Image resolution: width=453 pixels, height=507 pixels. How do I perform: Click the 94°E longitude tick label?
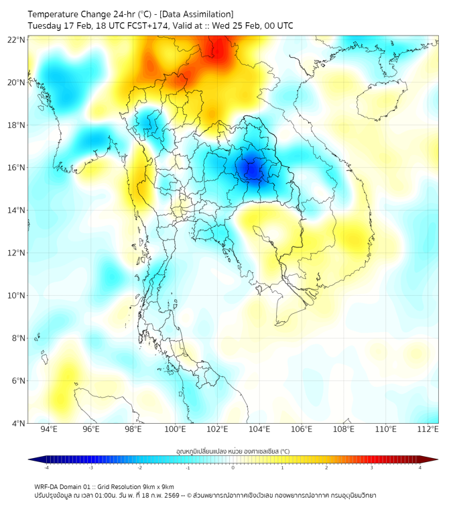49,429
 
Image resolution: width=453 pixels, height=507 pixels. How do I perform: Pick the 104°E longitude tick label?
259,429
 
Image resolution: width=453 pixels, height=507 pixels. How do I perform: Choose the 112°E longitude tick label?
428,429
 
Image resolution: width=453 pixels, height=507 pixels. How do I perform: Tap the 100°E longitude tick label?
176,429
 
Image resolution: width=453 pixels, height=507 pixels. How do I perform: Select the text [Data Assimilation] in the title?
195,14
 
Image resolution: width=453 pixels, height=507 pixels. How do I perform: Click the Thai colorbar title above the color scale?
233,451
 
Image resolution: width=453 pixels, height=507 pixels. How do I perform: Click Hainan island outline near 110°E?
382,101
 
